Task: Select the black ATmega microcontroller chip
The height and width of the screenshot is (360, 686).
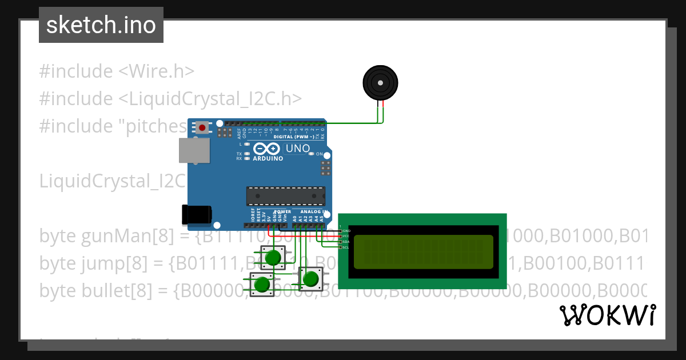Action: [285, 196]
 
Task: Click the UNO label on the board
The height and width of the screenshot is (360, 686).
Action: [298, 149]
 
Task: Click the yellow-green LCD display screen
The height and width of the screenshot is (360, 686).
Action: [423, 252]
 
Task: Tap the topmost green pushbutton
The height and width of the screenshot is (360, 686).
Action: [274, 257]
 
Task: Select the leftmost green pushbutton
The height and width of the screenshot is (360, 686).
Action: [262, 284]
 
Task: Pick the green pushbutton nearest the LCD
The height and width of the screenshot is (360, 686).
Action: [310, 279]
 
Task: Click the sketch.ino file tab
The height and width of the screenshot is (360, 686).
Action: [101, 25]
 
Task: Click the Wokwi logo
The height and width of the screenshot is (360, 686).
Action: [607, 315]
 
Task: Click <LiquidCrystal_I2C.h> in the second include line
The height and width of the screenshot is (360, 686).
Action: [210, 98]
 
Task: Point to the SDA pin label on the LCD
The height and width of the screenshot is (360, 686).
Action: [346, 242]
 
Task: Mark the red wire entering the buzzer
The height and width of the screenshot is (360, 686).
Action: [383, 111]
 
